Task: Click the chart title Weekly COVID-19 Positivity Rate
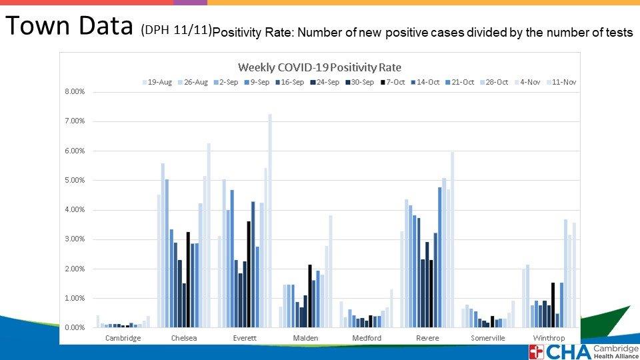tap(319, 67)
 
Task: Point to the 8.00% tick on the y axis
tap(75, 92)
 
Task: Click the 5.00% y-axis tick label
tap(75, 181)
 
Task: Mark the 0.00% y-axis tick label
tap(75, 328)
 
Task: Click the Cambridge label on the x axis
tap(123, 338)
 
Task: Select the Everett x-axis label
tap(245, 338)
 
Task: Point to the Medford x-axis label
tap(366, 338)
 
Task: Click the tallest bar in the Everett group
tap(270, 220)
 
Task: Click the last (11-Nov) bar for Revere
tap(452, 240)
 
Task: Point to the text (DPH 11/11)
tap(176, 30)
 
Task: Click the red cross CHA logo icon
tap(537, 352)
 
